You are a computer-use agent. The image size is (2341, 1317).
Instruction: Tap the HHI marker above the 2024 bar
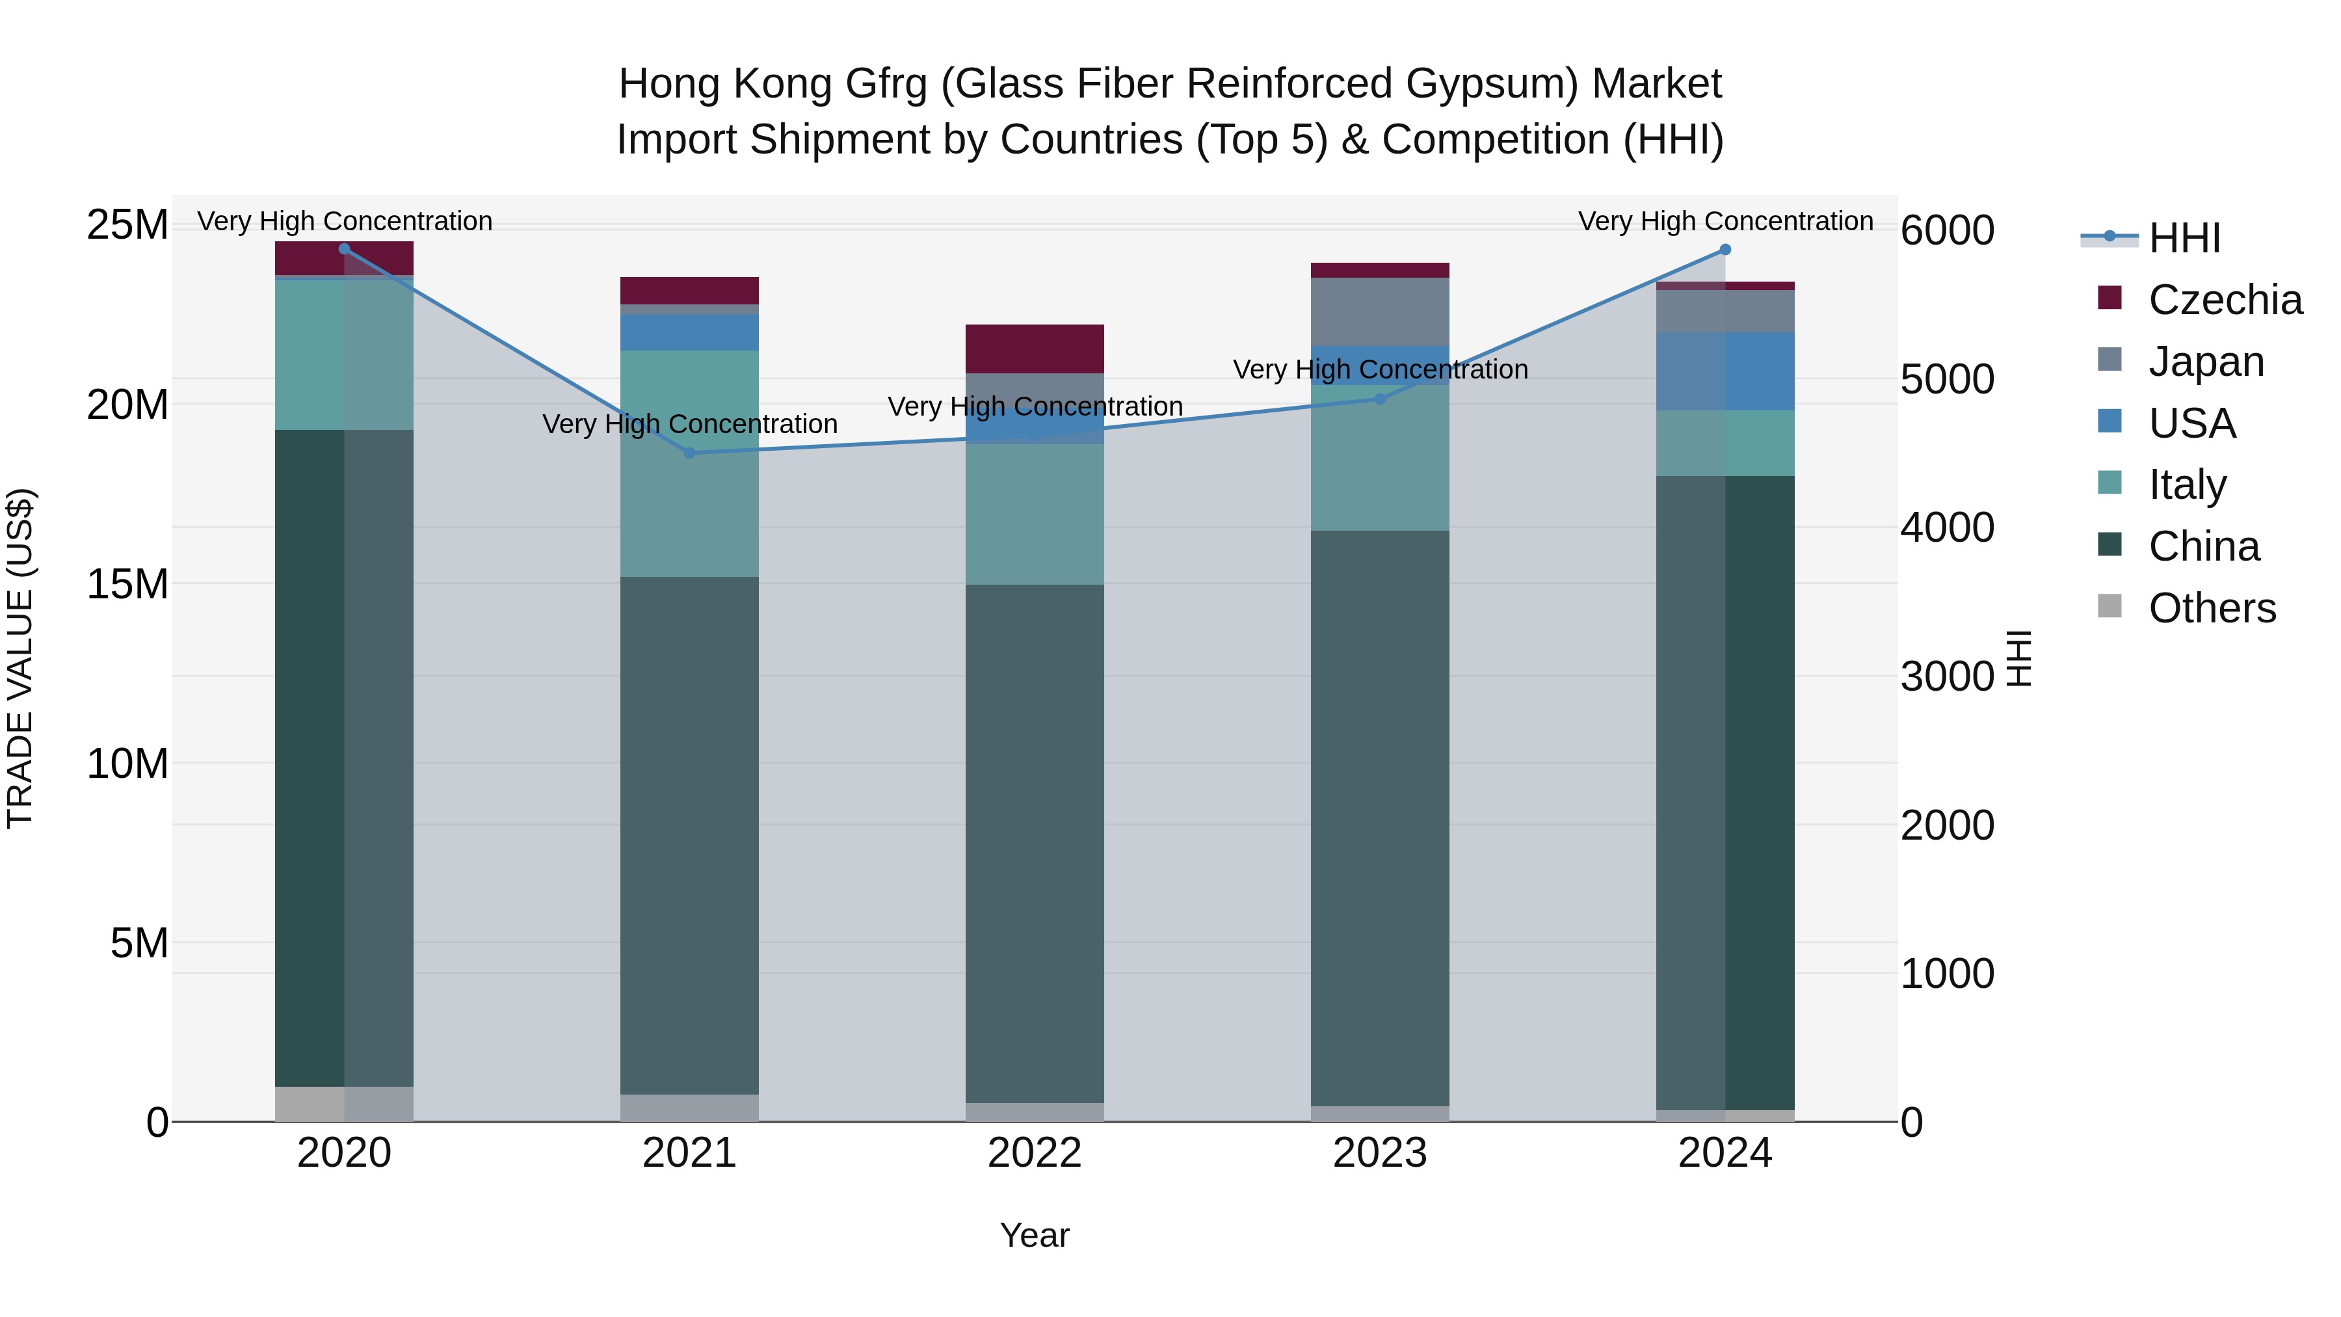[1725, 250]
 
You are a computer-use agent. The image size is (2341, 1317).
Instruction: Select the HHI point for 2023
[1379, 399]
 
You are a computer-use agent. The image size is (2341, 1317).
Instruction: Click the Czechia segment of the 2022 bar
[1034, 348]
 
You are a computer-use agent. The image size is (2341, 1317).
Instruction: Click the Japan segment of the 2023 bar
[1379, 312]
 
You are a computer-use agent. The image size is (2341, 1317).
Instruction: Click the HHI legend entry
[2184, 238]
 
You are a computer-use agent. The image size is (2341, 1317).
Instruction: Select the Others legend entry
[2211, 608]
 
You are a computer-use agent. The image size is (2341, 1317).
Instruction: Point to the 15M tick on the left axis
[127, 583]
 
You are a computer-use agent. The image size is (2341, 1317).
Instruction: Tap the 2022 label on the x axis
[1034, 1153]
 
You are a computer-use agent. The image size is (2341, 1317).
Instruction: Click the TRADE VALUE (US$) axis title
[20, 659]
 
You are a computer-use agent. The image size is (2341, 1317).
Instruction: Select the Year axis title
[1034, 1235]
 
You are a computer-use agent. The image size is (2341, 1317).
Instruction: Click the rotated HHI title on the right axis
[2018, 659]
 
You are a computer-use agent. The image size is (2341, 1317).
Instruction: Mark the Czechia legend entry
[2224, 300]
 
